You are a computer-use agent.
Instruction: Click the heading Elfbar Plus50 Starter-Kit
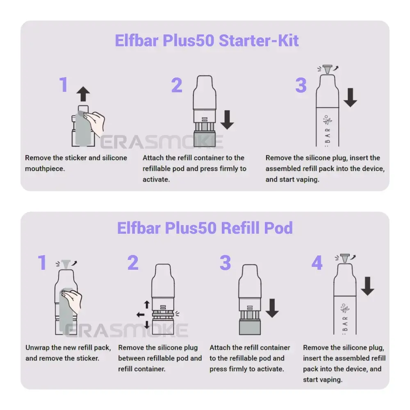point(207,41)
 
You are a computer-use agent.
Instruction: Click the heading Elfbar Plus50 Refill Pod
point(205,228)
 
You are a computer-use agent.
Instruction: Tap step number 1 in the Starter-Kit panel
point(63,85)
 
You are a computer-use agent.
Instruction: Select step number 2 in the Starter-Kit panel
point(177,85)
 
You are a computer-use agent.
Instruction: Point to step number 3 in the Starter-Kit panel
point(301,85)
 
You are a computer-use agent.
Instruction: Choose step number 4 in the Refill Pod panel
point(317,263)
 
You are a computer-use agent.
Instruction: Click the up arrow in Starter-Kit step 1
point(83,94)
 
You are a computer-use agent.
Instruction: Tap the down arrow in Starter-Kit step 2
point(227,119)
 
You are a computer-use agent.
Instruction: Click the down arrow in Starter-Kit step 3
point(350,97)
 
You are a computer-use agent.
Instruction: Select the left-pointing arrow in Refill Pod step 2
point(140,315)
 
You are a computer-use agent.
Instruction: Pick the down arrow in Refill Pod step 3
point(272,307)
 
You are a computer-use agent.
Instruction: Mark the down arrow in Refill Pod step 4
point(367,286)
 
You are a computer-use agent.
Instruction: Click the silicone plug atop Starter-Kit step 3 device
point(327,69)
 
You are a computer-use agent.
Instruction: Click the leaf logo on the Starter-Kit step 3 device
point(328,121)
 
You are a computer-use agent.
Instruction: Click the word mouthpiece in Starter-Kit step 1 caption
point(45,169)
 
